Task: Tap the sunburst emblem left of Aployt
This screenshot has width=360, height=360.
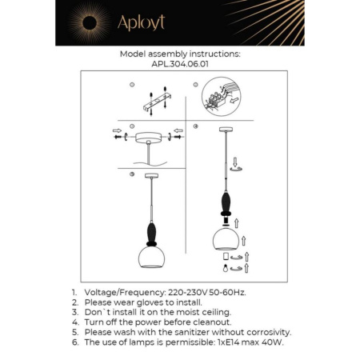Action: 83,22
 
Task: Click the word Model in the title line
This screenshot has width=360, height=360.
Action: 134,54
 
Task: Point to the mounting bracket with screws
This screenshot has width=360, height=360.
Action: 152,102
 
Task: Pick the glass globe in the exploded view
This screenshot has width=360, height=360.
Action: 225,239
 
